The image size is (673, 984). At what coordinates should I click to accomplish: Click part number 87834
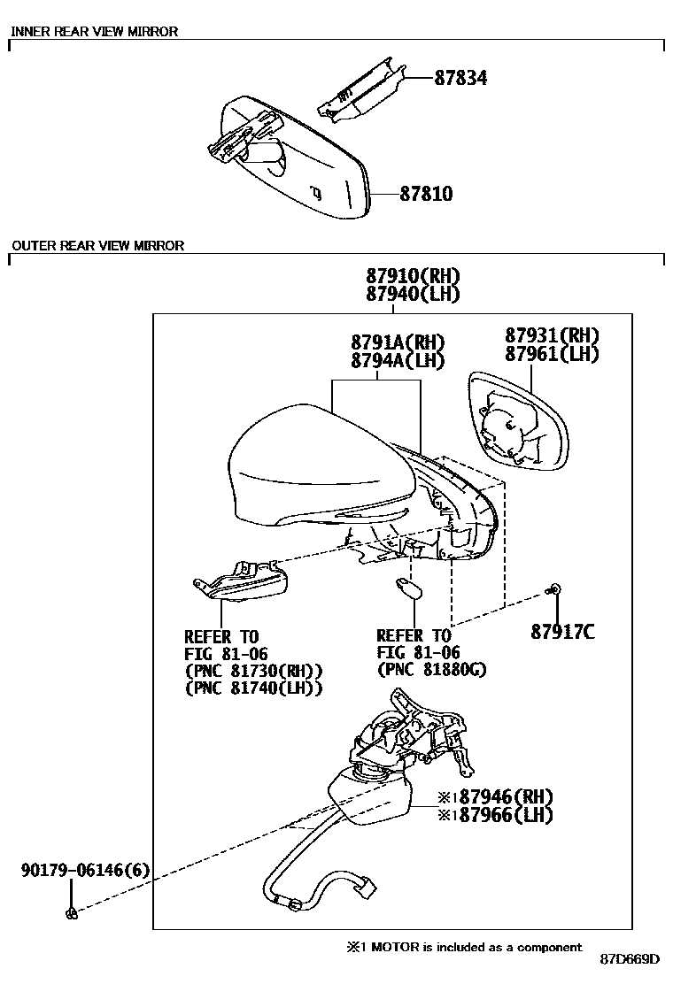[x=460, y=78]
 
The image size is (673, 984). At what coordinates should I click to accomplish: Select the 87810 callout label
[x=426, y=193]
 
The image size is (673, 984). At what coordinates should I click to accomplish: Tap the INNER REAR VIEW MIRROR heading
[x=94, y=31]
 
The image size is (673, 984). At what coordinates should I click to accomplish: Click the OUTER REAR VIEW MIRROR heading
[x=97, y=245]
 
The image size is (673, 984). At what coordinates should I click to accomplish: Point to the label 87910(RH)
[x=413, y=275]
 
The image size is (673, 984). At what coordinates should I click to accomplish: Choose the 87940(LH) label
[x=413, y=294]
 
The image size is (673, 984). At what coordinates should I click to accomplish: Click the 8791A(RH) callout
[x=398, y=342]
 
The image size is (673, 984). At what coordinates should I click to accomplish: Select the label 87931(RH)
[x=553, y=335]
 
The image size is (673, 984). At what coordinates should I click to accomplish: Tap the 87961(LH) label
[x=553, y=354]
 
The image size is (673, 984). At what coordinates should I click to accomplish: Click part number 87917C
[x=562, y=631]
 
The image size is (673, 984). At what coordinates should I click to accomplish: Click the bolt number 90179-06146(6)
[x=85, y=870]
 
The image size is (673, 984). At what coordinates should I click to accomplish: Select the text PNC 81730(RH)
[x=253, y=671]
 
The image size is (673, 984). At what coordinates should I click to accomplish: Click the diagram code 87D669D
[x=630, y=959]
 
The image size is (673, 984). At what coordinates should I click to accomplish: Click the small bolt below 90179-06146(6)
[x=72, y=913]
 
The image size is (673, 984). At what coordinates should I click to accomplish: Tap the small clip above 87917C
[x=555, y=589]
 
